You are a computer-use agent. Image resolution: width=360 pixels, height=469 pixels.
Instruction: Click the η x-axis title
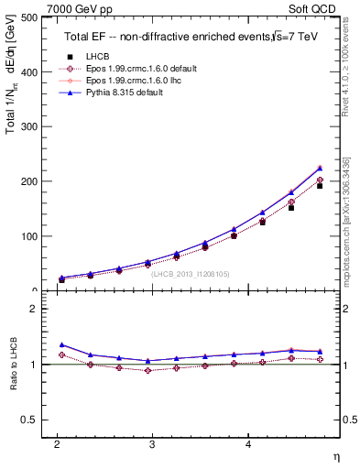[335, 455]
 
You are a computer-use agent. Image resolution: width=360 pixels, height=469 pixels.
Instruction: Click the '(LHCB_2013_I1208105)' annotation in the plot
[190, 273]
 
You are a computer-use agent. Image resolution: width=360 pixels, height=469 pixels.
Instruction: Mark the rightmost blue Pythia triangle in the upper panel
[320, 168]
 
